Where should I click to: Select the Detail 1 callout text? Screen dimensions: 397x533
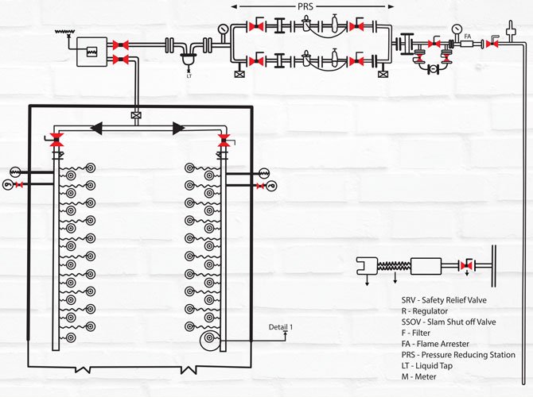point(280,326)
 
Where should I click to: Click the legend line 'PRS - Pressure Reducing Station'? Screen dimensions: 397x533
point(458,355)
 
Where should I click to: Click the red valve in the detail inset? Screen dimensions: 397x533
point(468,265)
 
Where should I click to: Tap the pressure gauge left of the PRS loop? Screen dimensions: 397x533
point(222,29)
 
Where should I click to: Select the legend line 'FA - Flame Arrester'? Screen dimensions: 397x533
point(436,344)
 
